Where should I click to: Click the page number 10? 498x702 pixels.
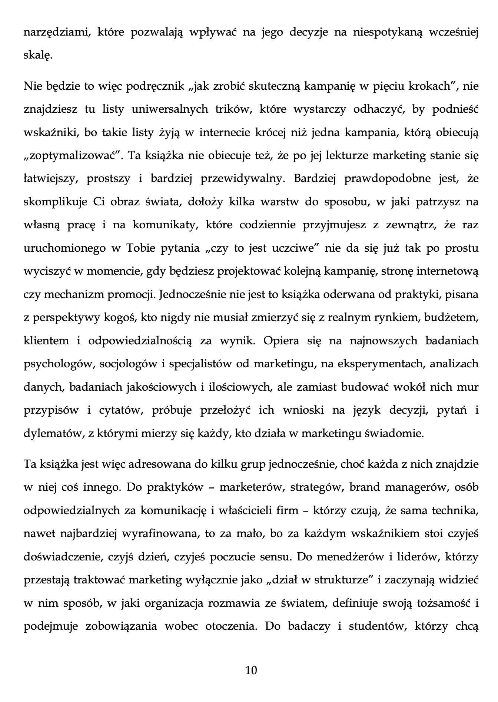click(251, 670)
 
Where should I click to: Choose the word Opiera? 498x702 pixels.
click(281, 341)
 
